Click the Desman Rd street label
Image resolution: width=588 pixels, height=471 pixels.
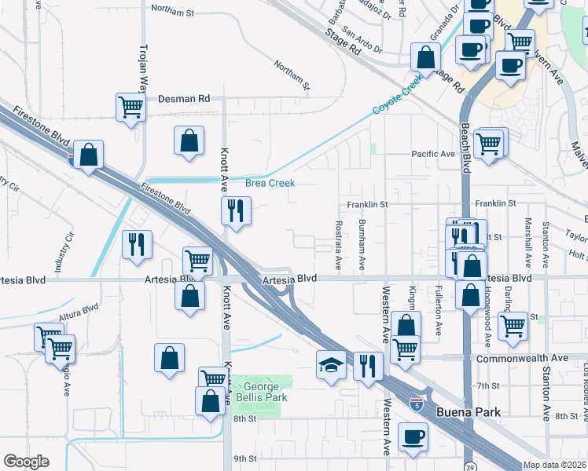pyautogui.click(x=184, y=99)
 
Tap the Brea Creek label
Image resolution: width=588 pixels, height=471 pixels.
pyautogui.click(x=270, y=183)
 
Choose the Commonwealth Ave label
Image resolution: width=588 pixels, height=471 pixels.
pyautogui.click(x=522, y=358)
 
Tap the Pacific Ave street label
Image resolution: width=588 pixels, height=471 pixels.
pyautogui.click(x=433, y=154)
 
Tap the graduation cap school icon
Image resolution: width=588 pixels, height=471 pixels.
pyautogui.click(x=331, y=364)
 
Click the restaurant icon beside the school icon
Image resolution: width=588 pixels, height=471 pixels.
pyautogui.click(x=368, y=364)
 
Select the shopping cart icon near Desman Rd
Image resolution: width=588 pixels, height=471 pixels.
pyautogui.click(x=130, y=107)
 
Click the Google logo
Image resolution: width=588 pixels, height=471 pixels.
pyautogui.click(x=26, y=462)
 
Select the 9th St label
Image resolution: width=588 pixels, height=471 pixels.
pyautogui.click(x=245, y=458)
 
